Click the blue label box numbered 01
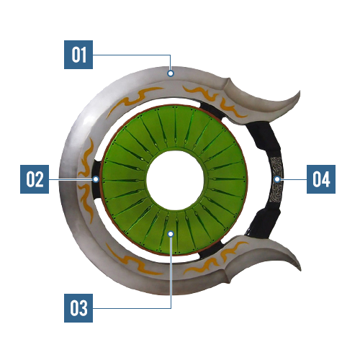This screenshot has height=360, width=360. (78, 55)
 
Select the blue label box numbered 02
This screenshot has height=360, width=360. (35, 179)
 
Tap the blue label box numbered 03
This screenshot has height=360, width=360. (78, 308)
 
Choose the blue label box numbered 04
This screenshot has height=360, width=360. (321, 179)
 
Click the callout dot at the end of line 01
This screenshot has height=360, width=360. (171, 73)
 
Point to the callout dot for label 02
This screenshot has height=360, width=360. (96, 179)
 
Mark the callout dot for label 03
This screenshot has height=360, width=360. (171, 234)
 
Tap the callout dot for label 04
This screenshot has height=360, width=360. (277, 179)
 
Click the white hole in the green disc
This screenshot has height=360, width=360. (175, 179)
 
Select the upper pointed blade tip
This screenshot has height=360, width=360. (300, 91)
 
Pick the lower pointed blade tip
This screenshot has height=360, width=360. (300, 269)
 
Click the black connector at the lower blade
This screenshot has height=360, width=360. (211, 250)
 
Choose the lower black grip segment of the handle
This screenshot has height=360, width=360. (264, 222)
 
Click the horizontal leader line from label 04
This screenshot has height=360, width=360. (294, 179)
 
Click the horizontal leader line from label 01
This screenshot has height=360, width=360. (132, 55)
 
